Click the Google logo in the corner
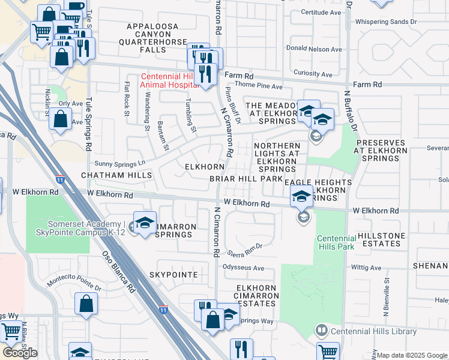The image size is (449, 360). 20,353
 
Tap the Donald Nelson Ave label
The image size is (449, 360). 313,49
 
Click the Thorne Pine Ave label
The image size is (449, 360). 263,87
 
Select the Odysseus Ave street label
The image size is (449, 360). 244,268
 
